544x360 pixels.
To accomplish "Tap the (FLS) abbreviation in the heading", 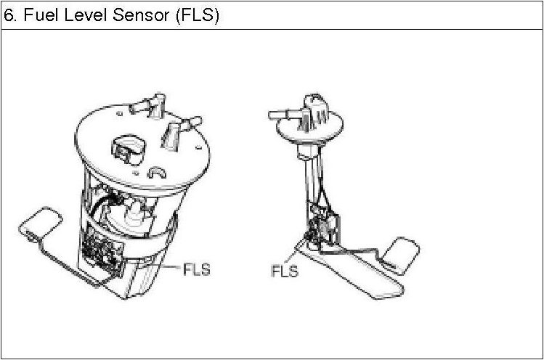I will coord(196,16).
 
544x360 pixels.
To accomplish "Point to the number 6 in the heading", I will coord(8,16).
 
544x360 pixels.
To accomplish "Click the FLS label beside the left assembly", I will coord(195,269).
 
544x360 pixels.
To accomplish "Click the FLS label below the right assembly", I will coord(285,271).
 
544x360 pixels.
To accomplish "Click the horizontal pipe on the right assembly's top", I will coord(283,114).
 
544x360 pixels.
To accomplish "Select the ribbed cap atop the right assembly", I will coord(317,106).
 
